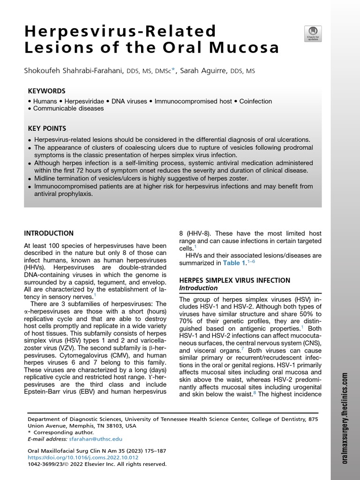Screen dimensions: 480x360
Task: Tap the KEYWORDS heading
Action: click(x=46, y=91)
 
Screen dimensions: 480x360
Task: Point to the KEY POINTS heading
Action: click(x=47, y=128)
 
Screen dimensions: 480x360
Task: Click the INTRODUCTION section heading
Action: click(x=49, y=233)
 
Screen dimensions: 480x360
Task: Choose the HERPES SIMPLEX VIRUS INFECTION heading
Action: click(x=234, y=280)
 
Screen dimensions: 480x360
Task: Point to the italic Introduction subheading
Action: click(x=199, y=288)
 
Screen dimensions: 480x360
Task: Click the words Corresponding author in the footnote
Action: click(x=56, y=432)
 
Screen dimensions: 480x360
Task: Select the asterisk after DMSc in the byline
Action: click(x=173, y=70)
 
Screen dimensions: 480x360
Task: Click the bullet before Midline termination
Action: click(x=30, y=179)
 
